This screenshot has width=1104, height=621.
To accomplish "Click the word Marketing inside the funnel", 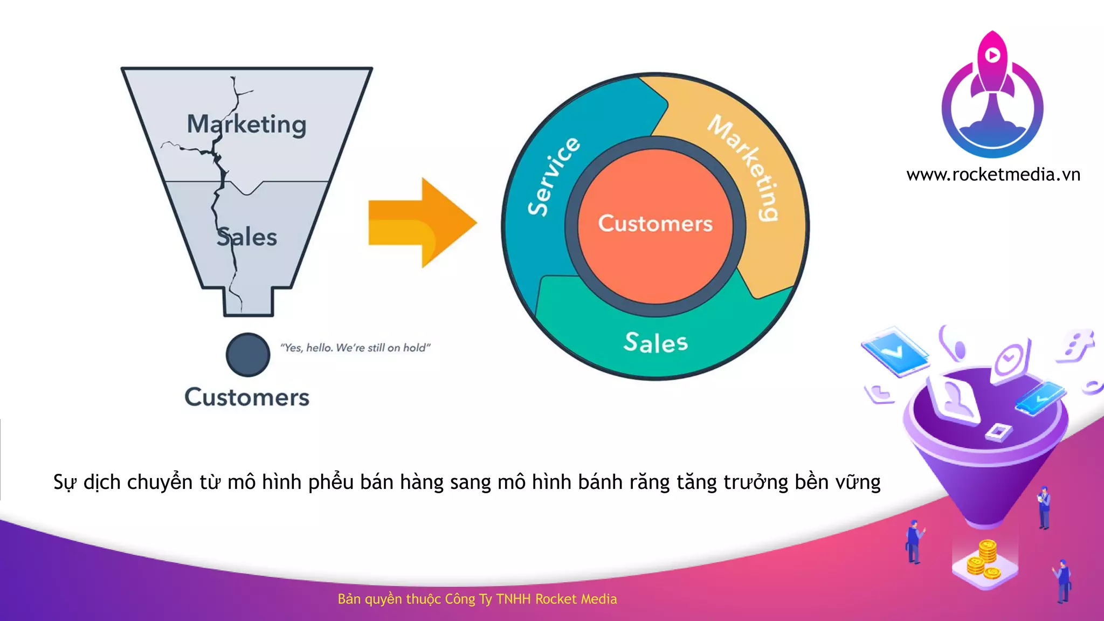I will point(246,125).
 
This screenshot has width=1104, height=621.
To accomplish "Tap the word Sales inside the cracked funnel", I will point(247,237).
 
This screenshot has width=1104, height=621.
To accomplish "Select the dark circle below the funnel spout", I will point(248,354).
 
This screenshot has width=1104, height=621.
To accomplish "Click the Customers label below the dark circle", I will point(247,397).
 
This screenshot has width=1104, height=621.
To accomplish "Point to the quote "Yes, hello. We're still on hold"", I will point(355,348).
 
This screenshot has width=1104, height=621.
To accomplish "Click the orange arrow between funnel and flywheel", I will point(422,223).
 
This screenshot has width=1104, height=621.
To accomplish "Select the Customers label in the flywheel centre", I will point(655,223).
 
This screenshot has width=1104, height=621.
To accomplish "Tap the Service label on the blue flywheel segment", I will point(554,176).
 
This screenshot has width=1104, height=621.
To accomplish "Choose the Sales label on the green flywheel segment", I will point(655,343).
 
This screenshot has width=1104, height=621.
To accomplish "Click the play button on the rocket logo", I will point(992,55).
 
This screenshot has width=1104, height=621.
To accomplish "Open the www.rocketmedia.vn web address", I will point(993,175).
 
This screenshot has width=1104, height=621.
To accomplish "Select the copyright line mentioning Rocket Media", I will point(477,599).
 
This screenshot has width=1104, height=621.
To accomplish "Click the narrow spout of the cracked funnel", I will point(249,302).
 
